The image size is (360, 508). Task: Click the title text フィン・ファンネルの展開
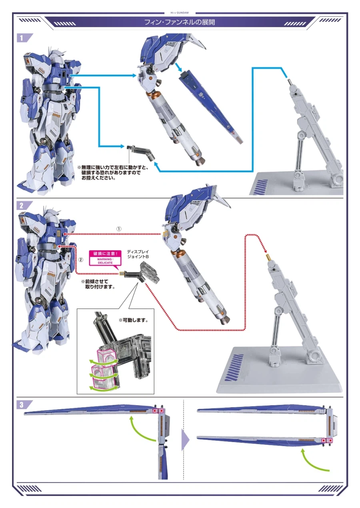tap(180, 22)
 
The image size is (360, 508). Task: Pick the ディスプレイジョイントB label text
tap(138, 253)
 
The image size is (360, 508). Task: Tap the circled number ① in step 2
tap(118, 229)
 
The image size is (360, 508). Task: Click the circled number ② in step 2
tap(80, 259)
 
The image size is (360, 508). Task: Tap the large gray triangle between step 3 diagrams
tap(185, 440)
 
